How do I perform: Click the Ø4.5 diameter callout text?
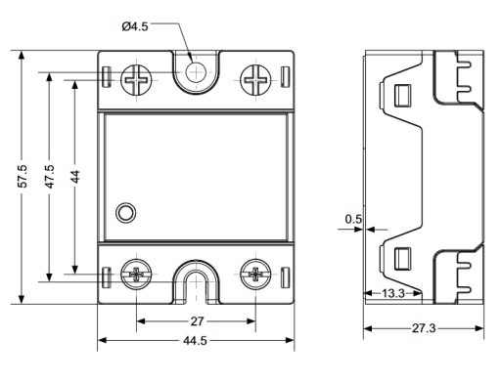click(135, 26)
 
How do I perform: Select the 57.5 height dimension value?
click(23, 176)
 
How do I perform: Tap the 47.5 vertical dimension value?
click(50, 176)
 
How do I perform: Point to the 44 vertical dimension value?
click(75, 176)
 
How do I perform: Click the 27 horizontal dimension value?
click(197, 321)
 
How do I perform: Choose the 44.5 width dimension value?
click(195, 341)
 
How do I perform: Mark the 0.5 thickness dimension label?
click(353, 219)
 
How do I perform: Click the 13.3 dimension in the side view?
click(393, 293)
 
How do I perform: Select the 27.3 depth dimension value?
click(424, 328)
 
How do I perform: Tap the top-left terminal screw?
click(136, 80)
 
